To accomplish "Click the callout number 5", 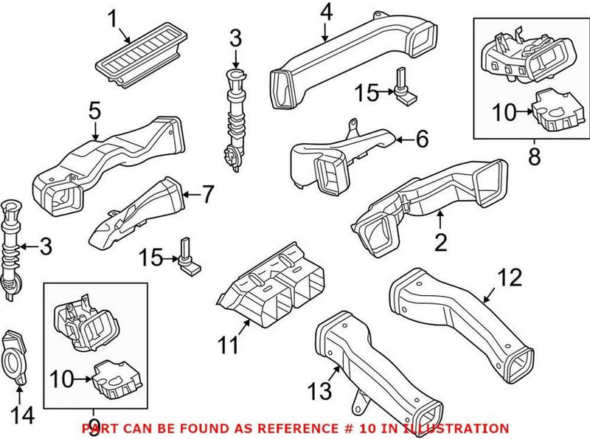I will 94,111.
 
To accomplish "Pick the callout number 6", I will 422,138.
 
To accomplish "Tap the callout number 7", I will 208,196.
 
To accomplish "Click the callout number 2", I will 440,242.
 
